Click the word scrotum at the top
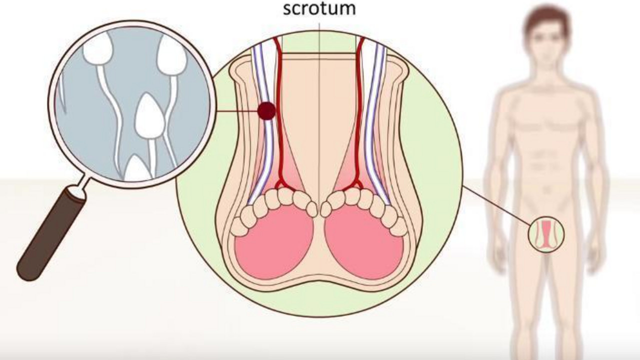(x=319, y=8)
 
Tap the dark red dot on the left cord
(x=266, y=111)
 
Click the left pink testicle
(x=273, y=242)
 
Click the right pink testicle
(x=364, y=243)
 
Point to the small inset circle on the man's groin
(x=546, y=234)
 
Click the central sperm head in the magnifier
(x=149, y=115)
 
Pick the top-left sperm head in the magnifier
(x=97, y=48)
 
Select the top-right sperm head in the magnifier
(x=172, y=55)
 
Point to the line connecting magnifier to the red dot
(x=236, y=111)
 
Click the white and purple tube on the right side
(x=377, y=120)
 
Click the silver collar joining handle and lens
(x=77, y=191)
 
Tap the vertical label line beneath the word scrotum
(x=319, y=114)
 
